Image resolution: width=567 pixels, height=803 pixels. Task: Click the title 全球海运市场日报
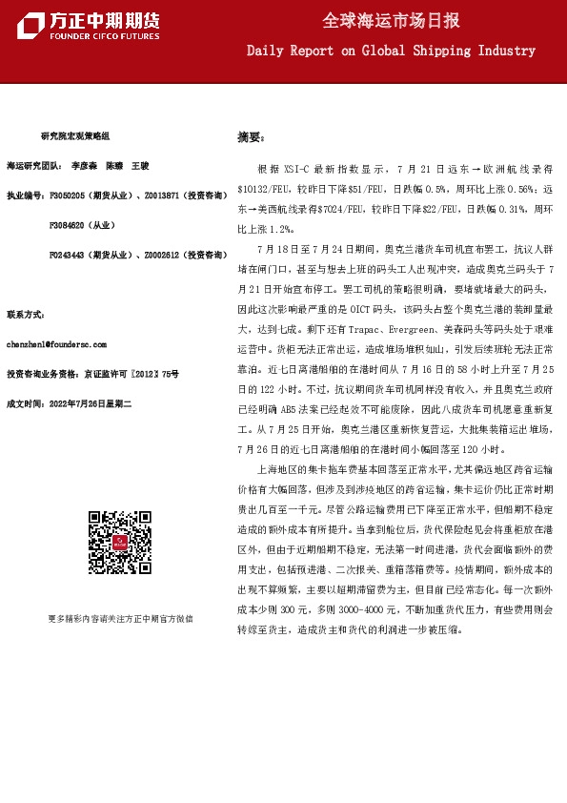(x=391, y=20)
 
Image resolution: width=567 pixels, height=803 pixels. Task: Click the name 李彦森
(x=84, y=165)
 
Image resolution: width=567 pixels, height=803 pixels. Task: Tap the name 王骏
(x=140, y=165)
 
